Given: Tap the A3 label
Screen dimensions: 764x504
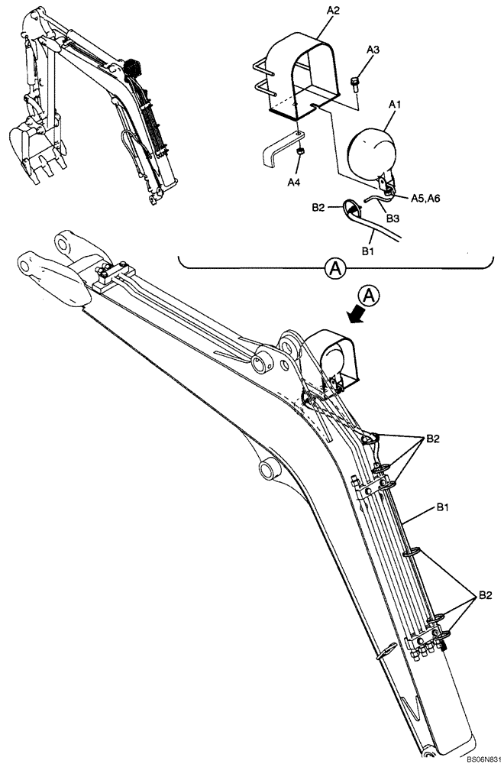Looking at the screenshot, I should (x=373, y=50).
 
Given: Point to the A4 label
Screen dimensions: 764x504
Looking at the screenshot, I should (x=293, y=183).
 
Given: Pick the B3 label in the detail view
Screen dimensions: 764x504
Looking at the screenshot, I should (x=393, y=219).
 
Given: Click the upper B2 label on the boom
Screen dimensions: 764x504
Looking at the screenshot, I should (x=433, y=439).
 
